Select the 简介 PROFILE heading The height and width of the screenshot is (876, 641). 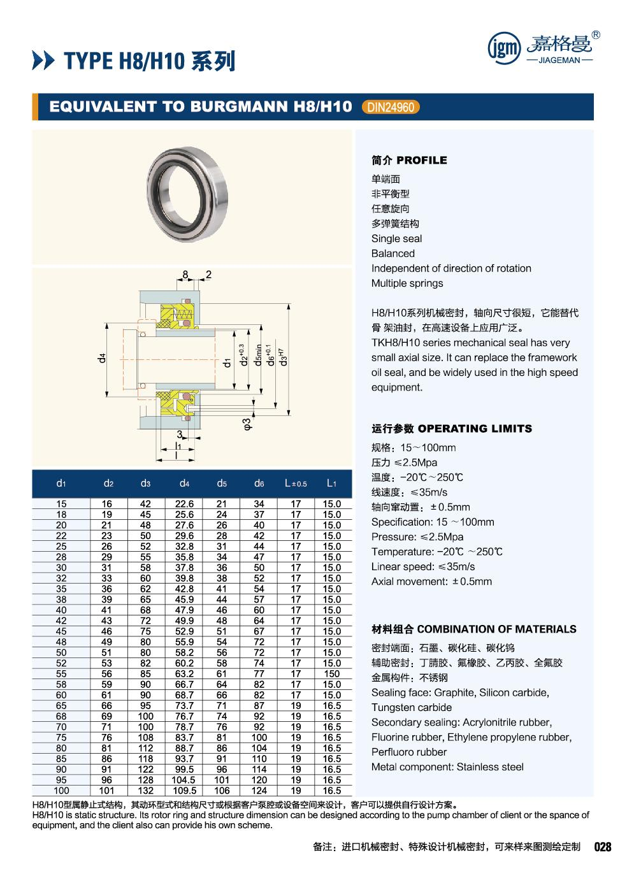click(409, 160)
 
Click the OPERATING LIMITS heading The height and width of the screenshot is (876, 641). click(451, 429)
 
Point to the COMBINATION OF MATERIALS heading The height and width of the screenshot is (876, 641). click(473, 629)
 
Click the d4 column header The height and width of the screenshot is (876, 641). click(184, 484)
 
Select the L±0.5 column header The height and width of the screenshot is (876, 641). click(296, 484)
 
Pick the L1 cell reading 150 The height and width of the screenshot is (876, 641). click(331, 673)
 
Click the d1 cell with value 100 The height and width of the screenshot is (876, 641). click(61, 791)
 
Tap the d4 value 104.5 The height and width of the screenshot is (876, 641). click(184, 780)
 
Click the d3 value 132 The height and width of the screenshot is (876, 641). click(146, 791)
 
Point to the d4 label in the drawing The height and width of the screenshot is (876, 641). click(101, 358)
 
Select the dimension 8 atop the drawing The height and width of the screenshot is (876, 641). click(185, 275)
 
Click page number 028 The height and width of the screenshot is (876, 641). click(602, 847)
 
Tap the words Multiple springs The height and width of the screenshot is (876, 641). click(407, 284)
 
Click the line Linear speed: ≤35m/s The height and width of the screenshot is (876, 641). click(423, 566)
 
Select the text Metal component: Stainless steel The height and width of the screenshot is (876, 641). click(447, 767)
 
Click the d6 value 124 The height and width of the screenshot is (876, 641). click(259, 791)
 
